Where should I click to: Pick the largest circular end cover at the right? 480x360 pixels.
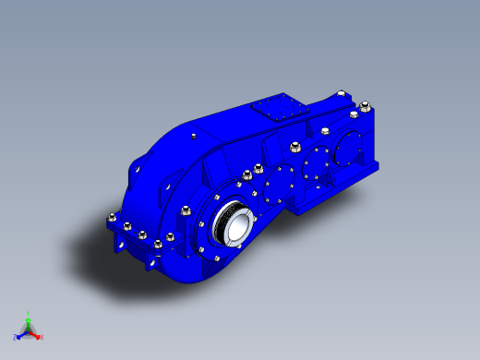point(351,144)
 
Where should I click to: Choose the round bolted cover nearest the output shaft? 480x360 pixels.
point(275,192)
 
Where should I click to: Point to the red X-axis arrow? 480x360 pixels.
point(36,334)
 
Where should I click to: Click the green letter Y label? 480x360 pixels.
point(28,312)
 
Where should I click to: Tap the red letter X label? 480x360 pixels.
point(42,337)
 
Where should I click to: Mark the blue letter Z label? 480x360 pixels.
point(15,337)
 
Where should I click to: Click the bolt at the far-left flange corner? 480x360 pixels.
point(112,219)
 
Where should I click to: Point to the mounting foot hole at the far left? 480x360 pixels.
point(119,246)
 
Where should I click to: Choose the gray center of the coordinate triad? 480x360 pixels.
point(28,330)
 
